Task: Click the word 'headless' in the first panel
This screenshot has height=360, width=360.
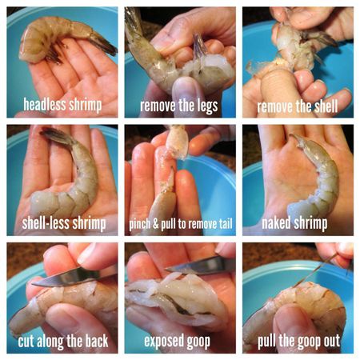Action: [x=44, y=104]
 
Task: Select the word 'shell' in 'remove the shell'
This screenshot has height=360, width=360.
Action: [x=326, y=106]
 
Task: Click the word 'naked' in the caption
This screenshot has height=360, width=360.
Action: [x=276, y=223]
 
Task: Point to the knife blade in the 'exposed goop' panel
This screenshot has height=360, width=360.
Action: [x=198, y=266]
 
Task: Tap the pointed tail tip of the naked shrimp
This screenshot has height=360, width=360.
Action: [x=293, y=136]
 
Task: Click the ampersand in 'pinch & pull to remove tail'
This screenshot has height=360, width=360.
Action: [x=156, y=224]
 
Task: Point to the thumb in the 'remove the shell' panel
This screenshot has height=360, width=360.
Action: [x=276, y=88]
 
